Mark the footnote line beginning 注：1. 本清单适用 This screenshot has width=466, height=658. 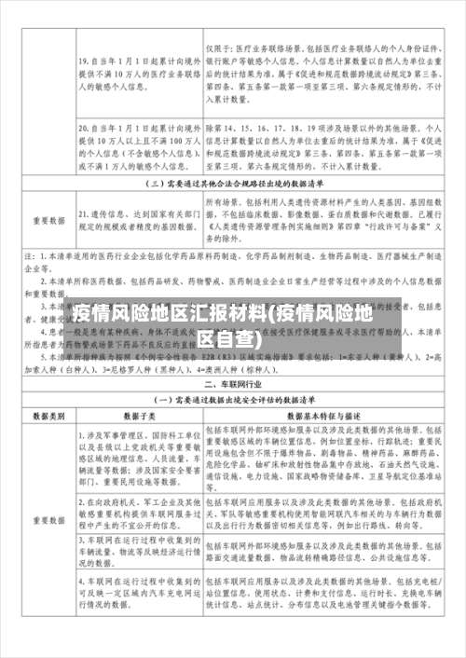(233, 254)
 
